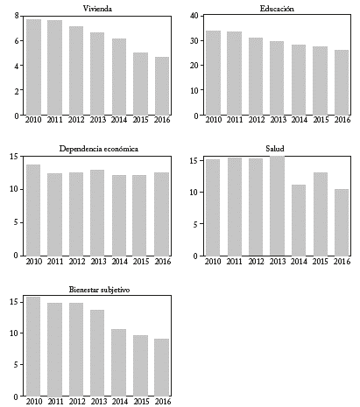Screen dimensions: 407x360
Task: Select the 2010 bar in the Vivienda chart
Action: click(x=33, y=67)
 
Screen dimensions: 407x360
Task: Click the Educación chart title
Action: click(x=277, y=8)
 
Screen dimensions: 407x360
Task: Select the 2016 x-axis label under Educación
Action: click(x=341, y=121)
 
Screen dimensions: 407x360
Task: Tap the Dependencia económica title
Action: click(x=98, y=148)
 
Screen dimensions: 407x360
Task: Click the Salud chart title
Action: click(x=277, y=148)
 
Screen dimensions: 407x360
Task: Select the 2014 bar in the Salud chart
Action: click(x=298, y=221)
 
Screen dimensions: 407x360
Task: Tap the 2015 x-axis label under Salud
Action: click(x=320, y=262)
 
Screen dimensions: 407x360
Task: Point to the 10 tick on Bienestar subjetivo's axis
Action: click(x=14, y=333)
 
